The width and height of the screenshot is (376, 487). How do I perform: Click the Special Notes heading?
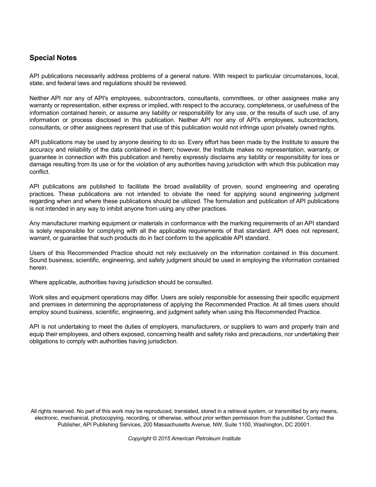click(53, 58)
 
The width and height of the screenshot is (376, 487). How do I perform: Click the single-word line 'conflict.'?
click(40, 172)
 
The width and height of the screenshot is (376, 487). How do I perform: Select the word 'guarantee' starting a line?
click(42, 157)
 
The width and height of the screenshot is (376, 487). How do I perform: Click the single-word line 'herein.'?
click(38, 268)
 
